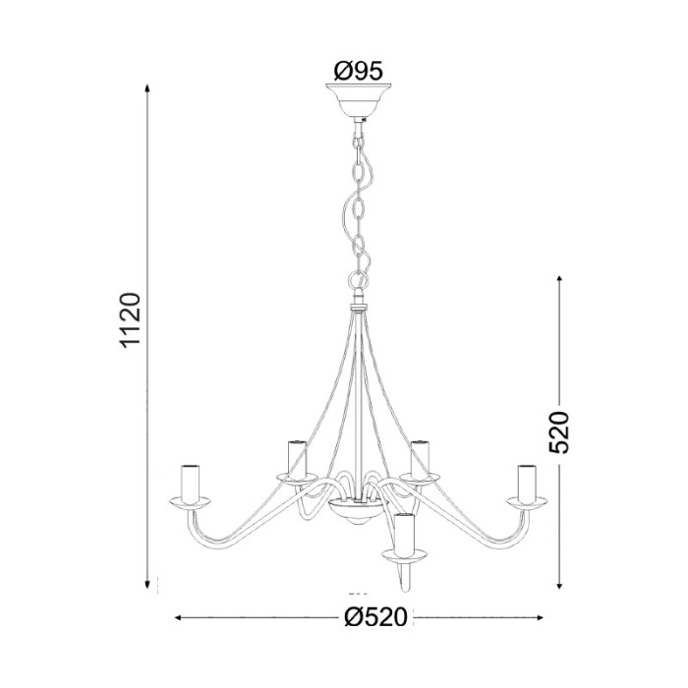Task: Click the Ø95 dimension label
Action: [358, 71]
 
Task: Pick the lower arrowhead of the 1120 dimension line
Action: [147, 581]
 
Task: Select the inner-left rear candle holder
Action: [294, 457]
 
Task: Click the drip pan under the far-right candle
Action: [527, 504]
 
